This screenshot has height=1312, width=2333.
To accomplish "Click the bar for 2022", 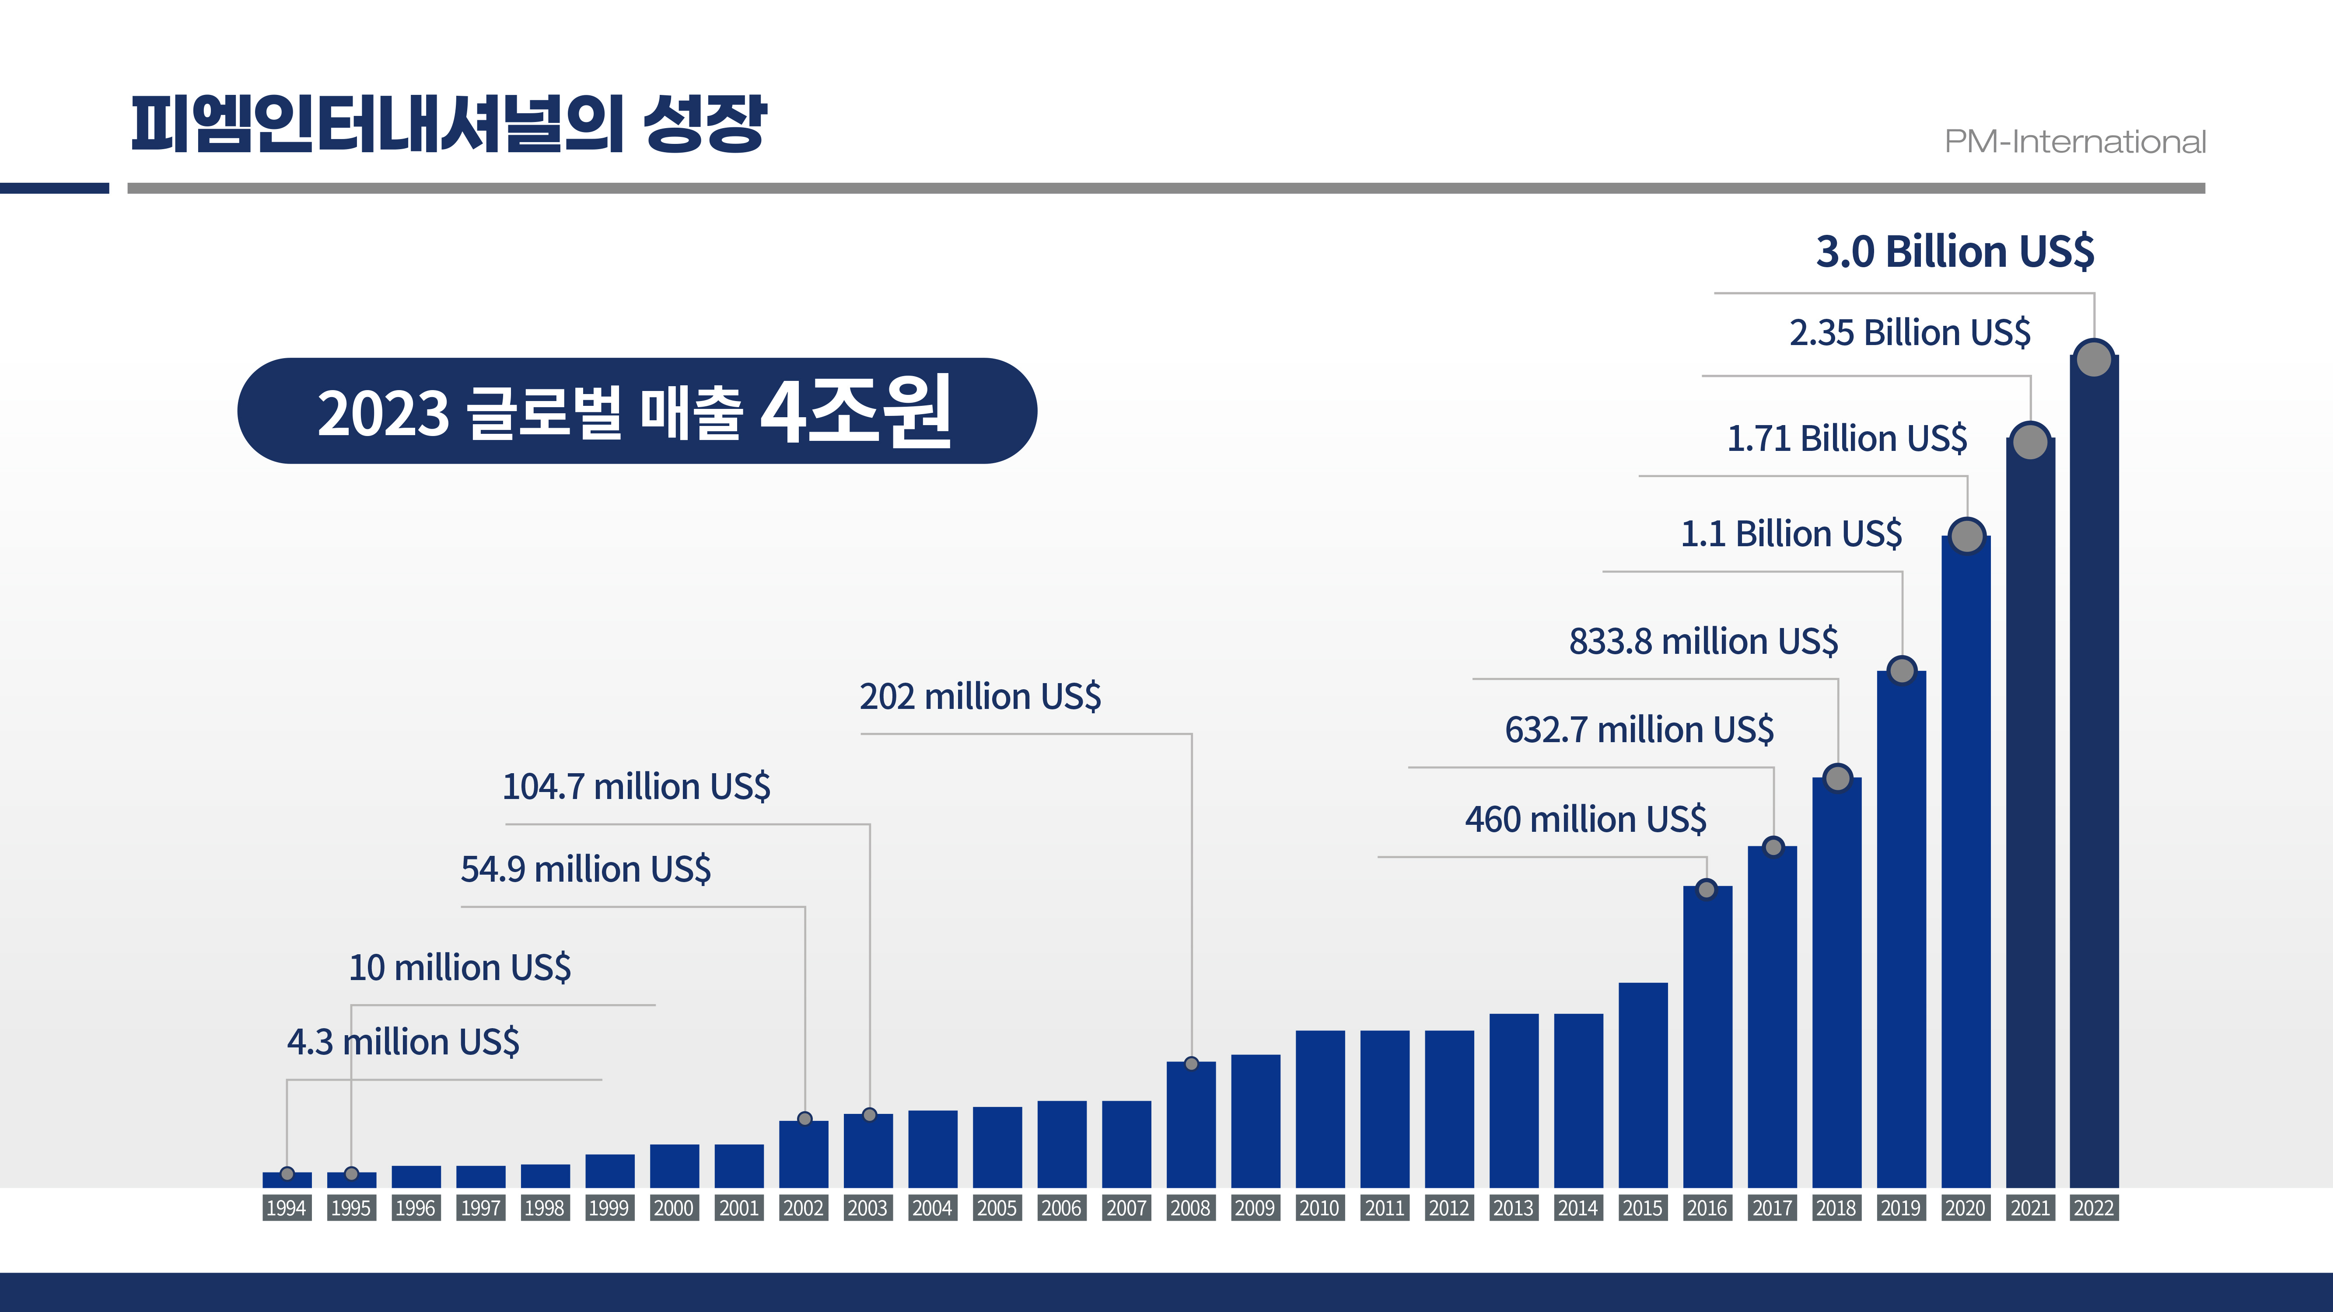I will [x=2094, y=770].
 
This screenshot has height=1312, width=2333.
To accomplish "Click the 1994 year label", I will [x=286, y=1208].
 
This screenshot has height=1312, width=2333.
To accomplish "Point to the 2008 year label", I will [x=1190, y=1208].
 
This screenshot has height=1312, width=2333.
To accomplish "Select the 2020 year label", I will [x=1965, y=1208].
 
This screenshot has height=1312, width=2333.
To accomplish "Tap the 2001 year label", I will [x=738, y=1208].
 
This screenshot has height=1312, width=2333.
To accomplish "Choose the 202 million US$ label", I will [x=980, y=696].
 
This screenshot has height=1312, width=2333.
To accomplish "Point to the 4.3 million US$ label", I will [x=403, y=1042].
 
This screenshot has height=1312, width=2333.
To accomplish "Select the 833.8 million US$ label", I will [x=1703, y=641].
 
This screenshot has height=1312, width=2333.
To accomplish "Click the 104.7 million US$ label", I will [x=636, y=786].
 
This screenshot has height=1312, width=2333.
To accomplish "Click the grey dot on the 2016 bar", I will [x=1706, y=889].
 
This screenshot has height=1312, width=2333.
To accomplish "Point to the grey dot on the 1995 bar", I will [x=351, y=1173].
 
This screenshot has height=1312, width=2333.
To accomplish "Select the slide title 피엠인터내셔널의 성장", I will [x=448, y=124].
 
